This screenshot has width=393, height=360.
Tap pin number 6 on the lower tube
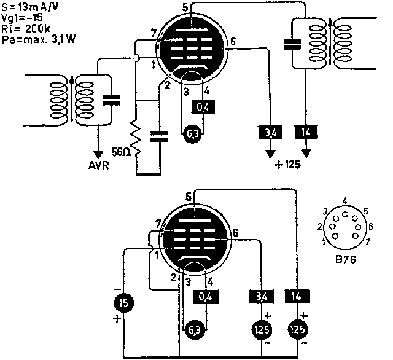236,233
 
